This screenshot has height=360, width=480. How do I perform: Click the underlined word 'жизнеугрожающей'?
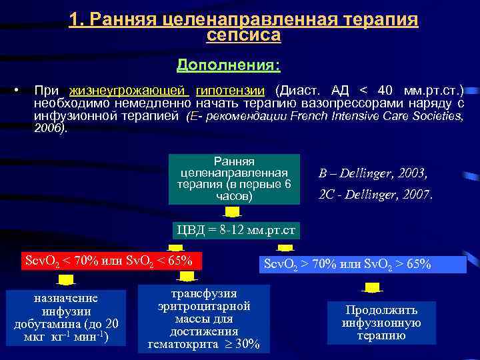129,91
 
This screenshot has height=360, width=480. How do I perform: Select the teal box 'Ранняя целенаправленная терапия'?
234,179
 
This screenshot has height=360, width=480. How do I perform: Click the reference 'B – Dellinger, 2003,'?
372,173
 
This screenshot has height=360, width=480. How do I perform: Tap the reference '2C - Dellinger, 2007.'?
375,195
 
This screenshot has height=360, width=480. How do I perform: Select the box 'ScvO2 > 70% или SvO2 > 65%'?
348,264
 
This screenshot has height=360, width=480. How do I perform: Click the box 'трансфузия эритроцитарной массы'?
204,319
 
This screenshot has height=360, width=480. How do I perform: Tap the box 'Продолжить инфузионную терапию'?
381,323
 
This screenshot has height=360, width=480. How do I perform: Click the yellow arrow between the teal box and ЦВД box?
232,212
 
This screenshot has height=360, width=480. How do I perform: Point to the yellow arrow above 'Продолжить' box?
372,289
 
